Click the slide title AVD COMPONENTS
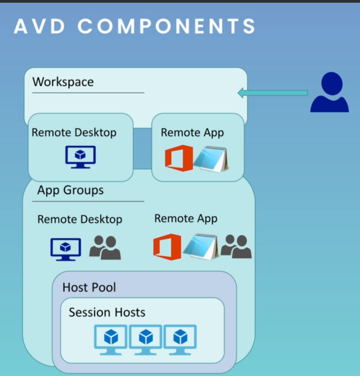coord(135,26)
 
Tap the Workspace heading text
coord(63,82)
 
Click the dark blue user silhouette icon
coord(329,93)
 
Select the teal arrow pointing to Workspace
coord(273,93)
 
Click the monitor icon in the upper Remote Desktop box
coord(81,157)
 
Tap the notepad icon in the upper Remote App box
coord(211,158)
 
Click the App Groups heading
coord(70,190)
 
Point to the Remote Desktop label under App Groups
coord(80,219)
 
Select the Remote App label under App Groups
coord(186,219)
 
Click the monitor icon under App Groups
coord(66,249)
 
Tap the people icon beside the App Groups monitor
coord(105,247)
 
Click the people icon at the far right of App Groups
coord(236,247)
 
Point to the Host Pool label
coord(89,287)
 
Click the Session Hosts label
coord(107,312)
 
